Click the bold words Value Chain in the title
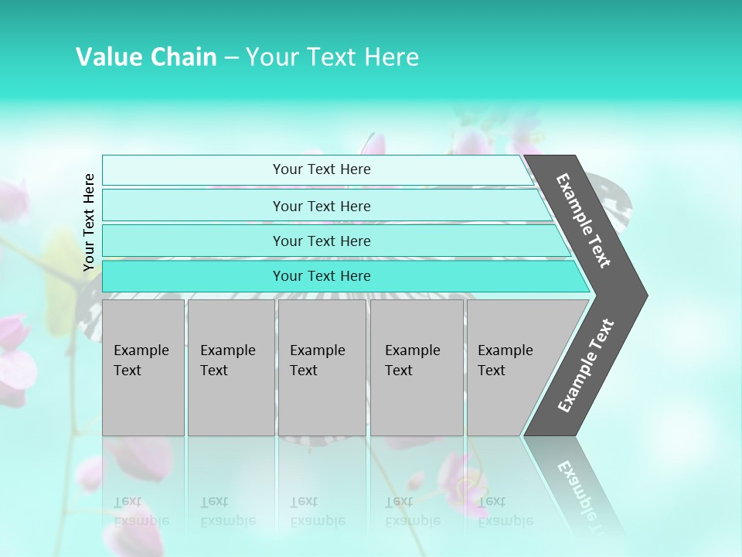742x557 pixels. coord(146,57)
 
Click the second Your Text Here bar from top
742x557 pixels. coord(322,206)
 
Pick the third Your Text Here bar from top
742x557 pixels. coord(322,241)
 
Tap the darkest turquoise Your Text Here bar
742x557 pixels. coord(322,276)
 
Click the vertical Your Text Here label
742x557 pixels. coord(89,222)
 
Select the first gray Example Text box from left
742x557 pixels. coord(143,367)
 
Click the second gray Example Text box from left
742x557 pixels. coord(231,367)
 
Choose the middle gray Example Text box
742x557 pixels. coord(322,367)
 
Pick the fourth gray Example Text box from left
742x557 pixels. coord(417,367)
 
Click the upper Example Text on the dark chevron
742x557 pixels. coord(584,220)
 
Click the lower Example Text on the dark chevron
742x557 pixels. coord(586,366)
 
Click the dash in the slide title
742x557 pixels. coord(231,58)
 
